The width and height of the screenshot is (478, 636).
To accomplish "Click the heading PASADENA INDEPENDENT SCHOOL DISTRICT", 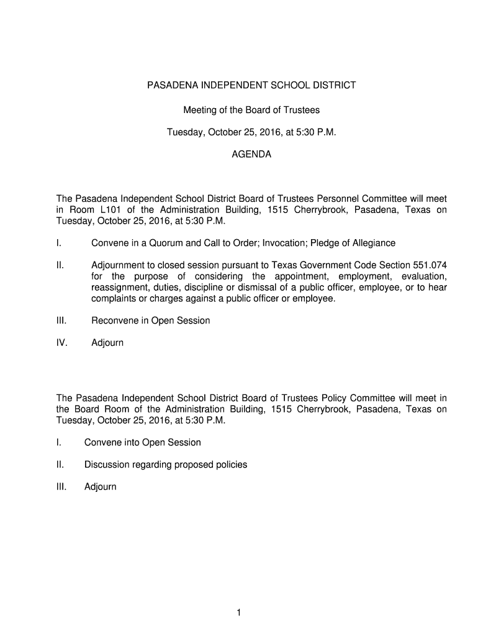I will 251,85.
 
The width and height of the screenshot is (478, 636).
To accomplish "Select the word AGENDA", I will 251,153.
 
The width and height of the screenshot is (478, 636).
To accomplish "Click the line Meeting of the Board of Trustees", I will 251,110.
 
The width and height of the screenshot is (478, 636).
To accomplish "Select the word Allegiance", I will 371,242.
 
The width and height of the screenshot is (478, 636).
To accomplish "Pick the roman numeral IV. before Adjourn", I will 63,342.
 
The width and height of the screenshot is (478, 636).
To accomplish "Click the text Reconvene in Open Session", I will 151,320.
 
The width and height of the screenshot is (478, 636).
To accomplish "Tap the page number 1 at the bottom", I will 238,613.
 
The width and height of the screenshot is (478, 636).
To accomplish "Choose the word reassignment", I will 120,287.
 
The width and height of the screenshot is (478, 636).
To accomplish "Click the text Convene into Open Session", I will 143,442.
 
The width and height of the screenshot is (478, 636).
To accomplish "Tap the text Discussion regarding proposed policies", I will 166,465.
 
